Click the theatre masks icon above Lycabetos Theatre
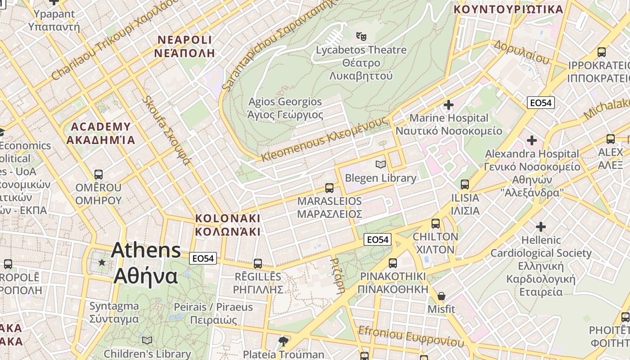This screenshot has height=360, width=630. (x=361, y=36)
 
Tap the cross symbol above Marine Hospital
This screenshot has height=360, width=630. (x=448, y=105)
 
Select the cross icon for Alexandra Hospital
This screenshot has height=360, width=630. (x=531, y=140)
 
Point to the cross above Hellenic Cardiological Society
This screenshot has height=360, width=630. (x=540, y=226)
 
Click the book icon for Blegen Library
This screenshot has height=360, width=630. (x=381, y=165)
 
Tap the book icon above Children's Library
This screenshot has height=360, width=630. (x=147, y=340)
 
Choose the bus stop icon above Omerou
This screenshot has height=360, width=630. (x=99, y=174)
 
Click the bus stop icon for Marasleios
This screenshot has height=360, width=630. (x=329, y=188)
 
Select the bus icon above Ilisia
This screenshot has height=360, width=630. (x=465, y=184)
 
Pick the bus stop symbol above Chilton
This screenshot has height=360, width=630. (x=435, y=223)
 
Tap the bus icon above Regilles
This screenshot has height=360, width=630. (x=257, y=263)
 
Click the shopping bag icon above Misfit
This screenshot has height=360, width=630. (x=441, y=296)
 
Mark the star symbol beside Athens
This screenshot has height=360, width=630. (x=102, y=262)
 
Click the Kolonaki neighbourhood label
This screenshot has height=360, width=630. (x=228, y=225)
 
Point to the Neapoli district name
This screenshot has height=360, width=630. (x=184, y=46)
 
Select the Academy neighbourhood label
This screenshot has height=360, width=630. (x=100, y=133)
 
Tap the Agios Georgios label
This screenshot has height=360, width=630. (x=285, y=108)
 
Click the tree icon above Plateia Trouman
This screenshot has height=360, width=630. (x=283, y=341)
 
